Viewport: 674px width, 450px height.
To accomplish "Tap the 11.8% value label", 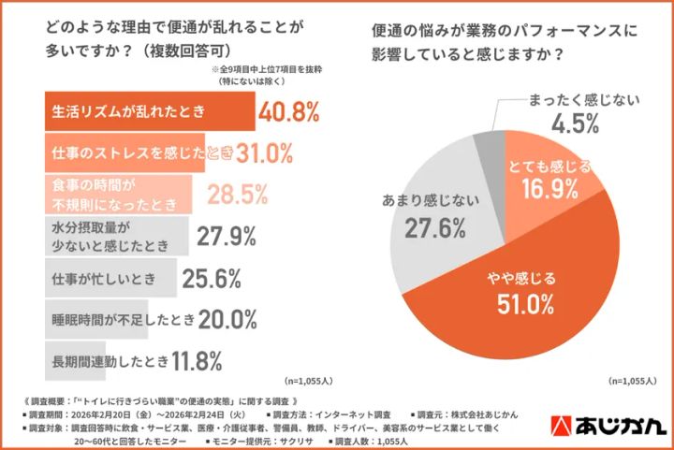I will [196, 359].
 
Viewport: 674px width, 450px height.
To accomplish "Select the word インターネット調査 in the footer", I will [355, 413].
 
